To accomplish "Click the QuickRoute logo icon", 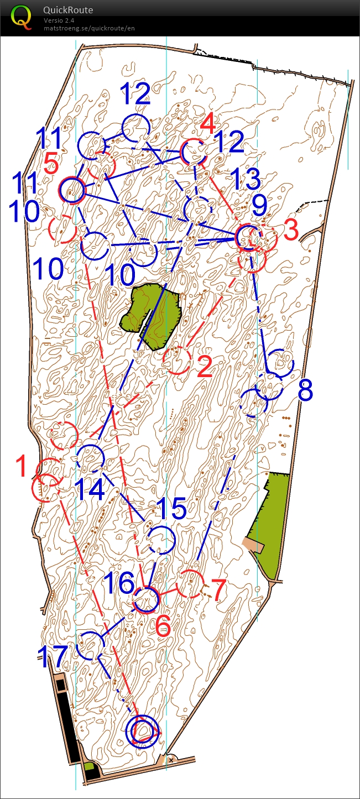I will pyautogui.click(x=22, y=17).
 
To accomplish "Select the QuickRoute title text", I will pyautogui.click(x=68, y=11).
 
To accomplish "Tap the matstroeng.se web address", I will pyautogui.click(x=89, y=28).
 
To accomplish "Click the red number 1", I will pyautogui.click(x=22, y=466).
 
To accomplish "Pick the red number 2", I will pyautogui.click(x=204, y=367).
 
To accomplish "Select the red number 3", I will pyautogui.click(x=291, y=231).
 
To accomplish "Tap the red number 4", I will pyautogui.click(x=208, y=124).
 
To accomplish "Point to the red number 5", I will pyautogui.click(x=51, y=164).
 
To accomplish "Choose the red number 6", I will pyautogui.click(x=163, y=625).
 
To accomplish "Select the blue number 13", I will pyautogui.click(x=245, y=180).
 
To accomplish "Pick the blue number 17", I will pyautogui.click(x=53, y=656).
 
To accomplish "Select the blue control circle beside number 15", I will pyautogui.click(x=161, y=540).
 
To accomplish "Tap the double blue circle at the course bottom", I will pyautogui.click(x=142, y=730).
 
